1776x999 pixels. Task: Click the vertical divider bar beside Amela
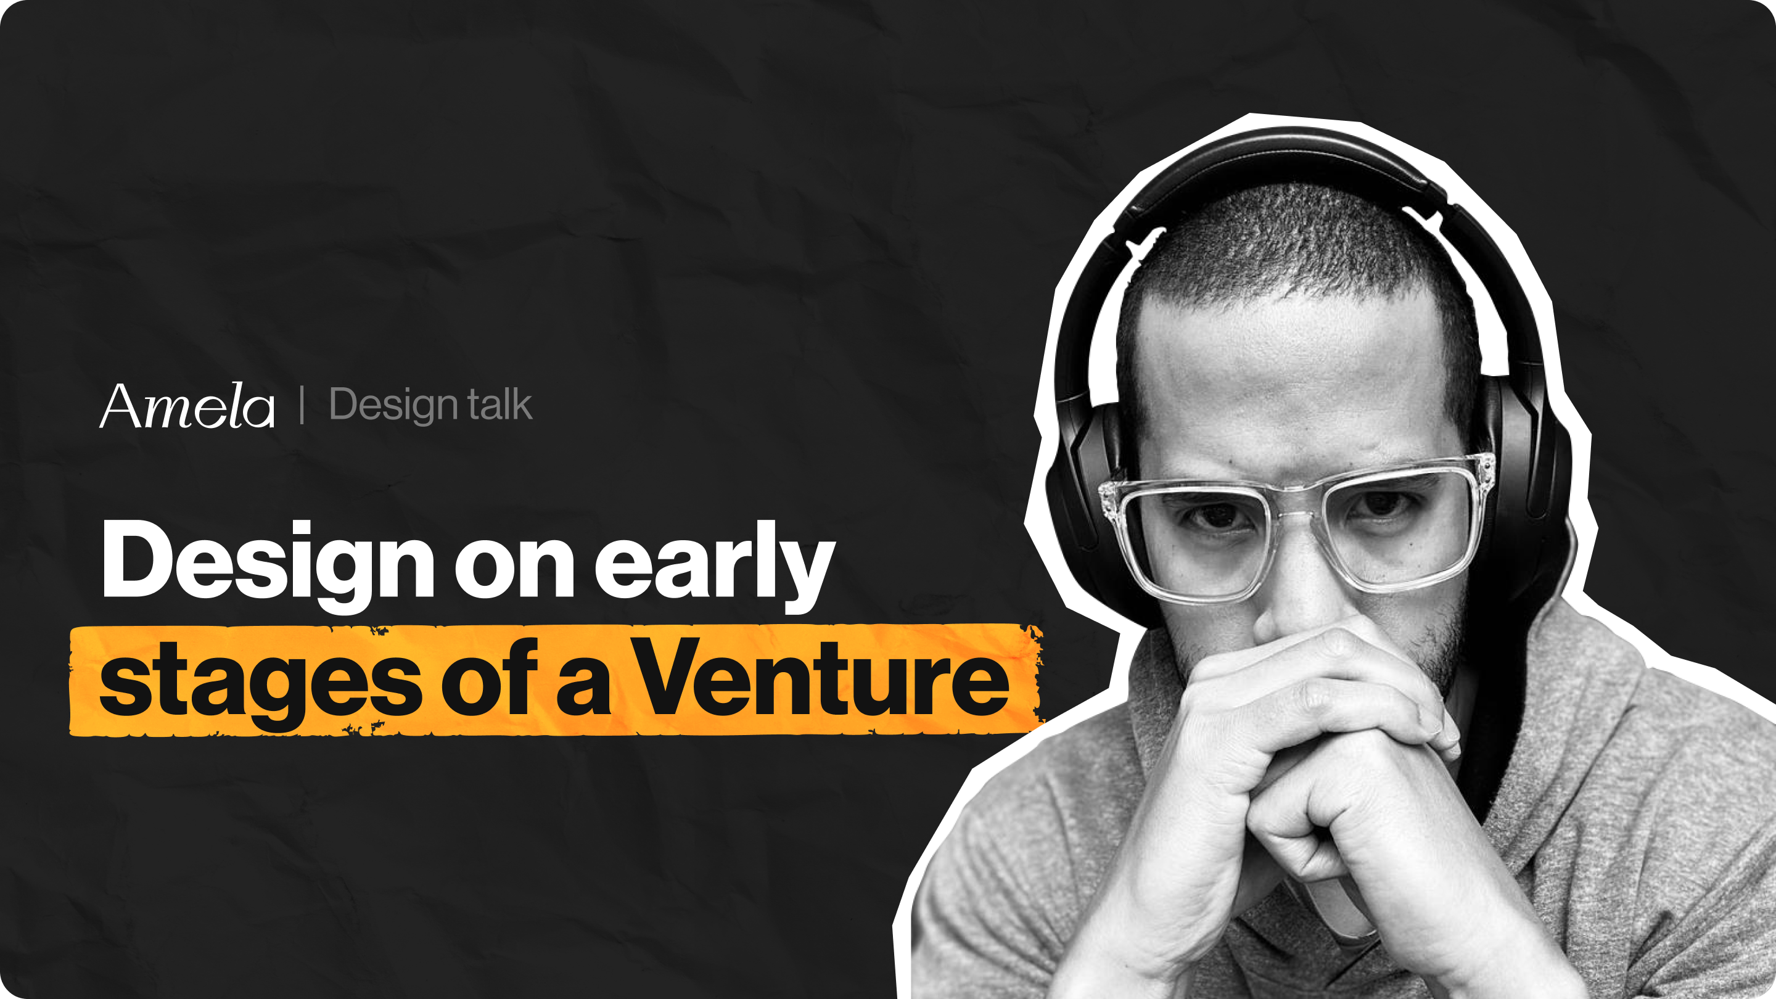[302, 405]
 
